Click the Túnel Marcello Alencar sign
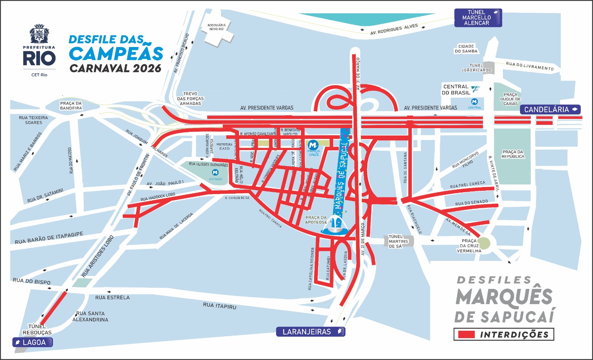point(478,18)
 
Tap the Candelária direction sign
point(550,110)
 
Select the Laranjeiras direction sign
point(310,332)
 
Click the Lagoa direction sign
point(33,342)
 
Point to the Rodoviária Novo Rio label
point(216,27)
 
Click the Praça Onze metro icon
point(313,145)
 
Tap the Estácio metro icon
point(215,173)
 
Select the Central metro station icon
point(474,101)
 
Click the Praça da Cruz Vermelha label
point(469,246)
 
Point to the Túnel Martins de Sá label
point(398,241)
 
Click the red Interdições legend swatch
point(466,334)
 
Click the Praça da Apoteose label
point(316,220)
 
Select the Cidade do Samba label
point(466,49)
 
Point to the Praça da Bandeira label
point(71,106)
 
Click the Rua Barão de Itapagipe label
point(49,238)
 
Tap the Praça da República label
point(513,154)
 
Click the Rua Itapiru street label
point(219,306)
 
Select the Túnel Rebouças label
point(37,329)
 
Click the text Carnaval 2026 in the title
point(116,69)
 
